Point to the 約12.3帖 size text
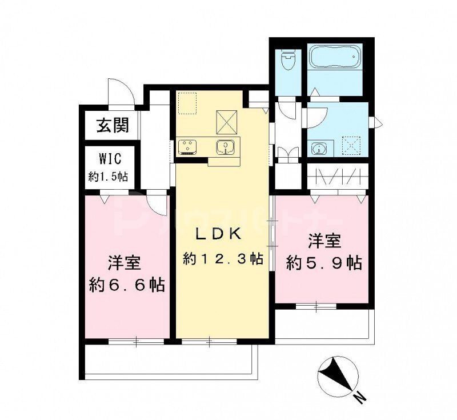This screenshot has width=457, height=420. [x=223, y=259]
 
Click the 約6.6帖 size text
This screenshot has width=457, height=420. [x=127, y=284]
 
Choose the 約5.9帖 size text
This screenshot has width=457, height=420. [x=323, y=263]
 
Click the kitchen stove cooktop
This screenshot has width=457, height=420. [x=187, y=147]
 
